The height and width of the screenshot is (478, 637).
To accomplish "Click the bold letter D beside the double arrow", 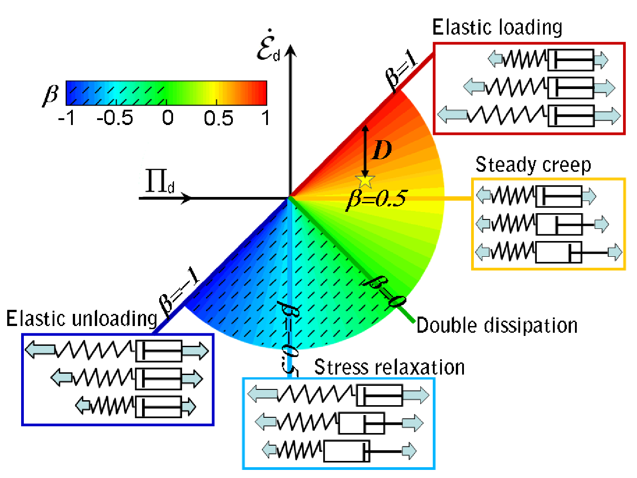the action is [x=382, y=150].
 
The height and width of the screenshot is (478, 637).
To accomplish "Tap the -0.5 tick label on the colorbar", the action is [x=115, y=117].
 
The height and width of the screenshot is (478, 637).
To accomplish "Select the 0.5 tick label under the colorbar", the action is [x=218, y=118].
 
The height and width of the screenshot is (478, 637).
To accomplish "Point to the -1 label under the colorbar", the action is [x=66, y=117].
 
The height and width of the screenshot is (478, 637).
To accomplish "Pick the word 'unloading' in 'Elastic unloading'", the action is [x=114, y=319].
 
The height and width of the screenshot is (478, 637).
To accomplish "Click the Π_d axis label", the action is [x=160, y=181].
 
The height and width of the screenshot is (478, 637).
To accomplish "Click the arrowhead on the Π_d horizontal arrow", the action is [x=186, y=198].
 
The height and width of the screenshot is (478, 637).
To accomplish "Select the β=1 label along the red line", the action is [x=401, y=71].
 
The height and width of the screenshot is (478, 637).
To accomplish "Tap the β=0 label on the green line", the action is [x=383, y=292].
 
